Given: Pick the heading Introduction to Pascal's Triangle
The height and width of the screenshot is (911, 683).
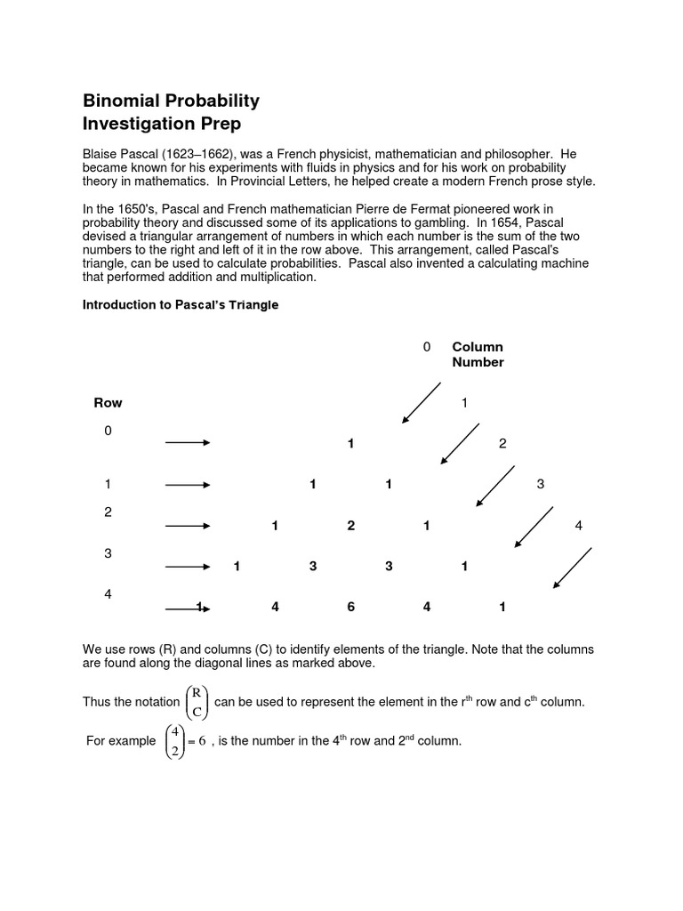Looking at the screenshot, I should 181,305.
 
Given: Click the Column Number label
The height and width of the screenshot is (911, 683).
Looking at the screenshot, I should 478,354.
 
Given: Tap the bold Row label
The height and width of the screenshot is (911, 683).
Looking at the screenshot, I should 108,403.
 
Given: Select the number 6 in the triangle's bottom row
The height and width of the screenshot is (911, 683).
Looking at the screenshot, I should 351,607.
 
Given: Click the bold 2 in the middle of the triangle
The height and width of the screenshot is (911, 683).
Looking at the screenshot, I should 351,526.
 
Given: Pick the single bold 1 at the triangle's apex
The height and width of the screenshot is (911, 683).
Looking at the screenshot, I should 351,443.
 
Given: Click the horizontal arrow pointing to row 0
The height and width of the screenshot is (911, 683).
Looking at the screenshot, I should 187,443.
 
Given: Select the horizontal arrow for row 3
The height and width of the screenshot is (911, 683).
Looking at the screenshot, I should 187,567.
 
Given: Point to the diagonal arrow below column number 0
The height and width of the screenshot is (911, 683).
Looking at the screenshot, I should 422,402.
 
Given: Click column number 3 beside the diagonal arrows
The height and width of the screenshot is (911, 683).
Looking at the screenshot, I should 540,484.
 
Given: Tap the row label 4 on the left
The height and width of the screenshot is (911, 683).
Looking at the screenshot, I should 108,593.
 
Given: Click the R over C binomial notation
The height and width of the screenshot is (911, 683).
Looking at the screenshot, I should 197,702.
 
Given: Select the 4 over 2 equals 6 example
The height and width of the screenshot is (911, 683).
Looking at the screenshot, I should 184,741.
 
